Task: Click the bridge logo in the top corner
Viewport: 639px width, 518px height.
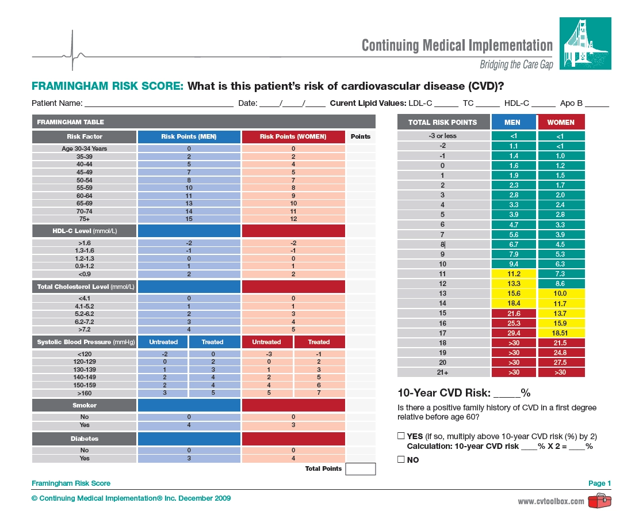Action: pos(585,43)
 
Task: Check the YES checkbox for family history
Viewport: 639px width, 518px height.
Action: pos(401,436)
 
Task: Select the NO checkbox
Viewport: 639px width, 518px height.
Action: pos(401,459)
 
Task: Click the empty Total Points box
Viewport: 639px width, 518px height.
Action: pos(361,469)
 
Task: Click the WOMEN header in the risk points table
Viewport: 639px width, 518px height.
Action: pos(561,122)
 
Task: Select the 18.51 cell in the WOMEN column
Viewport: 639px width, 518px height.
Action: pos(561,333)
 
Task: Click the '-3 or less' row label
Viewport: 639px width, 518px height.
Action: pos(443,136)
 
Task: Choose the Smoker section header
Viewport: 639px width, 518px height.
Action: pos(84,405)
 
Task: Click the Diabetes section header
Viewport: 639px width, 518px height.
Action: pos(84,439)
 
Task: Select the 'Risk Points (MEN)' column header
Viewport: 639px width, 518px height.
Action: pos(189,137)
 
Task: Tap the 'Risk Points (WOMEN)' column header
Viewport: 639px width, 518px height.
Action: pos(293,137)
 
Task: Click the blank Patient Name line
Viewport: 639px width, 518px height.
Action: pos(158,104)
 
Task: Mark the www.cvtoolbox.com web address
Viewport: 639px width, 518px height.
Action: pos(551,501)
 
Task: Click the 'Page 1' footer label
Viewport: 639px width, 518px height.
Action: pos(599,483)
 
